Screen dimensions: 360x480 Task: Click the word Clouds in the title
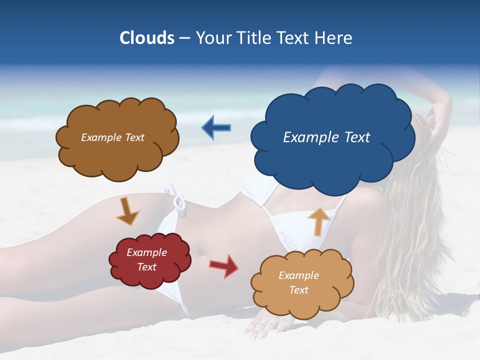pyautogui.click(x=146, y=38)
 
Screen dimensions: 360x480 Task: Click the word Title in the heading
pyautogui.click(x=254, y=38)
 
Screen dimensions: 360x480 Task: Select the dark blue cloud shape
pyautogui.click(x=332, y=150)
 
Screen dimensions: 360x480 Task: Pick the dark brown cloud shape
pyautogui.click(x=117, y=155)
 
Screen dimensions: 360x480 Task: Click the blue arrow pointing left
pyautogui.click(x=216, y=128)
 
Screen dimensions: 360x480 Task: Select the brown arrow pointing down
pyautogui.click(x=127, y=211)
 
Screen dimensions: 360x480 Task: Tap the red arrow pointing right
pyautogui.click(x=224, y=265)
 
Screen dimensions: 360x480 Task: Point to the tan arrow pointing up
pyautogui.click(x=318, y=220)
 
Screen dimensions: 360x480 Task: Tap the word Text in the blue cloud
pyautogui.click(x=357, y=137)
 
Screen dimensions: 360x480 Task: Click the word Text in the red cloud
pyautogui.click(x=147, y=267)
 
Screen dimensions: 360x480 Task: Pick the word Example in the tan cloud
pyautogui.click(x=298, y=275)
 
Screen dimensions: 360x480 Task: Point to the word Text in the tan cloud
pyautogui.click(x=298, y=290)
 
